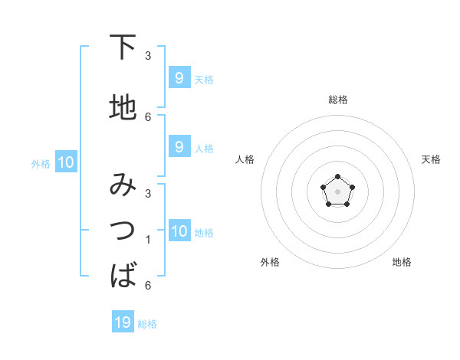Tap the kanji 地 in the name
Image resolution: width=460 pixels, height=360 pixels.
point(123,107)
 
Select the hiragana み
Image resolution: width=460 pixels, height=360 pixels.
point(123,186)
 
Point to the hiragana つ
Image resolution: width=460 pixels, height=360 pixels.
point(123,230)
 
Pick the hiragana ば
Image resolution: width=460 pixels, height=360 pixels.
point(123,273)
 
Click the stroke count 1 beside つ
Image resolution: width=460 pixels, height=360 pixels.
point(148,240)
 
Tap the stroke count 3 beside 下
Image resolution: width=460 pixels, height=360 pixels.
point(148,56)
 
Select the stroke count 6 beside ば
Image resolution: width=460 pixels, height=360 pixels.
point(148,286)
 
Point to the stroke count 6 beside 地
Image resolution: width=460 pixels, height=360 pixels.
point(148,116)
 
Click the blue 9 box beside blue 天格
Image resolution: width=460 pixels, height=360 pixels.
point(179,77)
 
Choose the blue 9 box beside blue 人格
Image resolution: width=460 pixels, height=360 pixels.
point(179,147)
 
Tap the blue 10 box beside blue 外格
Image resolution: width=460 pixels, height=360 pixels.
point(65,162)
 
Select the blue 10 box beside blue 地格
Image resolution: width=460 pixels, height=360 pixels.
point(179,231)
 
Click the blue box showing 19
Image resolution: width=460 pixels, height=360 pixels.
point(123,322)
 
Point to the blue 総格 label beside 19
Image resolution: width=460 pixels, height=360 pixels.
point(147,324)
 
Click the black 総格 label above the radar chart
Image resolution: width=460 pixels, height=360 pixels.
point(337,100)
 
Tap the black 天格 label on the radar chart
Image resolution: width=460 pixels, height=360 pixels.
point(432,159)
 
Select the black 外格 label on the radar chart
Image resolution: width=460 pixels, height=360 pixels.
point(270,262)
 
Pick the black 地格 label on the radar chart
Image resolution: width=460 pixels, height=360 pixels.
point(402,262)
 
